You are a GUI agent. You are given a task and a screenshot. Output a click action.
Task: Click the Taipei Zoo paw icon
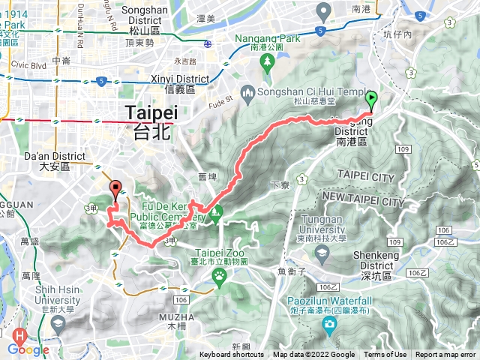pyautogui.click(x=219, y=275)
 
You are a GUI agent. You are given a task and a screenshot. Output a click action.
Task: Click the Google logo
pyautogui.click(x=28, y=349)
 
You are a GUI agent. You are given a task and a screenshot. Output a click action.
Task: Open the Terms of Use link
pyautogui.click(x=385, y=355)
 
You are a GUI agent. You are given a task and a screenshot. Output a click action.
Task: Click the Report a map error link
pyautogui.click(x=445, y=355)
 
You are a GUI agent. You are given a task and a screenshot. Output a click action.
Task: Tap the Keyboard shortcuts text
pyautogui.click(x=232, y=355)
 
